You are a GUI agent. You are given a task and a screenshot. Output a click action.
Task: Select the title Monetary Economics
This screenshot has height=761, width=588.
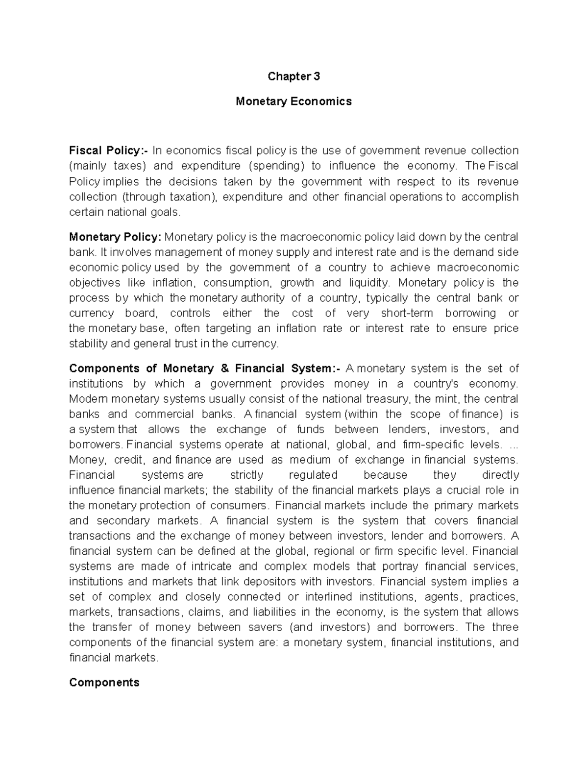point(294,101)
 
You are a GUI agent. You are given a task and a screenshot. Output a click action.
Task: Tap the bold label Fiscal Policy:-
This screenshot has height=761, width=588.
point(108,150)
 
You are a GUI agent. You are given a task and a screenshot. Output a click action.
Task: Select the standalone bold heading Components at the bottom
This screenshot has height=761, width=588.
point(104,682)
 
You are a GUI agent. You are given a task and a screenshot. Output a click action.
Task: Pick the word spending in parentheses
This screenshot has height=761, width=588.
point(276,166)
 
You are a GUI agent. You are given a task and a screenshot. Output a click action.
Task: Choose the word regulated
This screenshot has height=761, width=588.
point(313,475)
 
